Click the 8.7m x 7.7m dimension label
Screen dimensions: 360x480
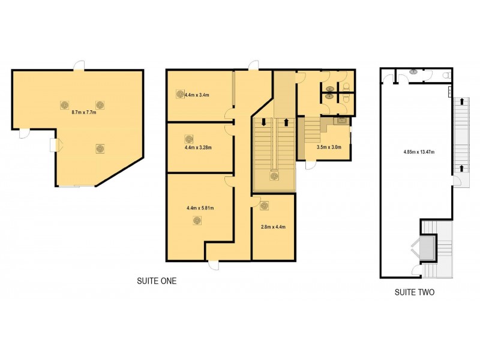[84, 112]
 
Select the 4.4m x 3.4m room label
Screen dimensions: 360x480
[197, 95]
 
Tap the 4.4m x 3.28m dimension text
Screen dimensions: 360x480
[198, 146]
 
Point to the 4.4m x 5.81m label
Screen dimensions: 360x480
[200, 208]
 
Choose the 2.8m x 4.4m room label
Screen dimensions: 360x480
[273, 227]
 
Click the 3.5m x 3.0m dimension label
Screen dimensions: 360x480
[328, 146]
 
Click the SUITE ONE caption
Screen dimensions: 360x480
[156, 280]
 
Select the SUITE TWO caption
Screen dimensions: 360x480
[414, 293]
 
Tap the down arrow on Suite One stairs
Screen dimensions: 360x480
[263, 122]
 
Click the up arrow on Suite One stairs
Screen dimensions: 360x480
[286, 122]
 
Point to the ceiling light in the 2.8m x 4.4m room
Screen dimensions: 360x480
[265, 206]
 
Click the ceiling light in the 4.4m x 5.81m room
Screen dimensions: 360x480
[197, 221]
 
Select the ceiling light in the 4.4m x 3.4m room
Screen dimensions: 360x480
[179, 94]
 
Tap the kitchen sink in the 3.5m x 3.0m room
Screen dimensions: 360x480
[341, 120]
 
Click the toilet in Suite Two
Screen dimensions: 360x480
[445, 76]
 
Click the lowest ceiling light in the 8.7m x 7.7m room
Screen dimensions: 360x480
[100, 148]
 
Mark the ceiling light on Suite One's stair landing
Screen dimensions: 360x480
[274, 176]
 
